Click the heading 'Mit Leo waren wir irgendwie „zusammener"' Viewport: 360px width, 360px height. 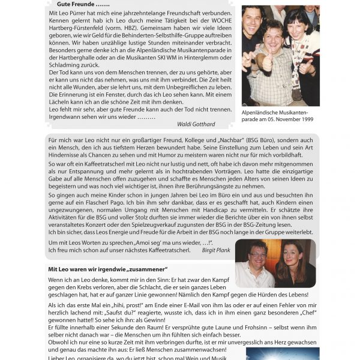coord(108,269)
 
